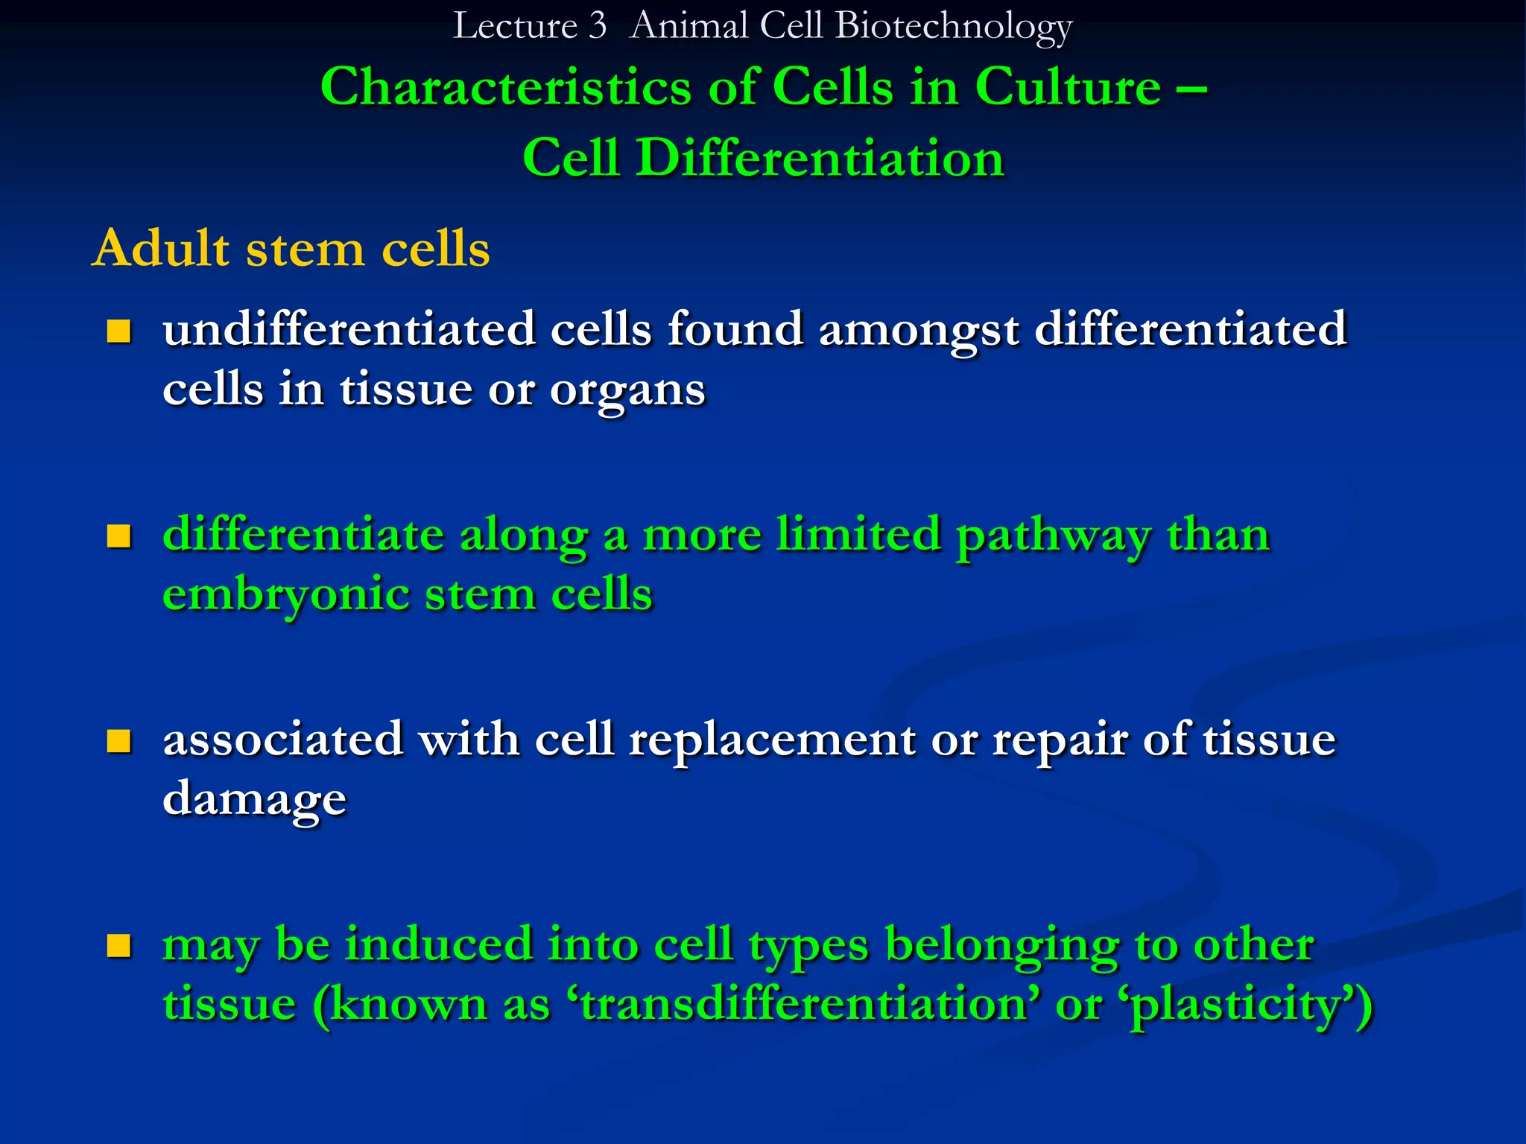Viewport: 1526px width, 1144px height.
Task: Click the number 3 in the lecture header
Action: [x=597, y=26]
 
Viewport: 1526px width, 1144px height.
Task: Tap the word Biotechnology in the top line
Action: [x=953, y=28]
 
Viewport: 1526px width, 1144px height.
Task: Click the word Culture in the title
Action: [x=1067, y=88]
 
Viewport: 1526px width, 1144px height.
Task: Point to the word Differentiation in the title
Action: [x=820, y=159]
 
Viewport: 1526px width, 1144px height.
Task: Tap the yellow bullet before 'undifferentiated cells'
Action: [x=118, y=331]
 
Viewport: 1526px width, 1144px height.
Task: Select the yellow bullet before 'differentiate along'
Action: [x=118, y=536]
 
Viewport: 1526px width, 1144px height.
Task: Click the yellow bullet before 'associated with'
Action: [x=118, y=741]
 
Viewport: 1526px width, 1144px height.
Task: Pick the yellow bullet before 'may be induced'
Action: [x=118, y=946]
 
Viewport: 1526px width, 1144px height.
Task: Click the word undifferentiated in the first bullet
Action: [x=349, y=328]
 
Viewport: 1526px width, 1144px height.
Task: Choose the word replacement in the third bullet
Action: [x=772, y=740]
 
